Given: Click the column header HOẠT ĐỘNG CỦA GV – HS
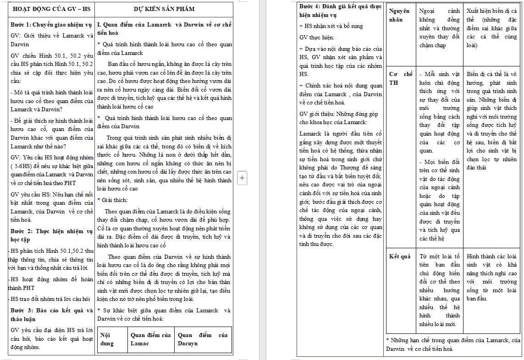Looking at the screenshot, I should coord(51,9).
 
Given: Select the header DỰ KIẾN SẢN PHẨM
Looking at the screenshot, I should coord(164,9).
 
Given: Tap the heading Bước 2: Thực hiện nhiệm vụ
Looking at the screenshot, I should coord(50,235).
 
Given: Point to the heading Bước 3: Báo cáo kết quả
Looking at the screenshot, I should coord(50,315).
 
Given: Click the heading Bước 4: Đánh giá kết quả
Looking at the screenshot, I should coord(340,10).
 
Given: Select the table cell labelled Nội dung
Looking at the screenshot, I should coord(107,339).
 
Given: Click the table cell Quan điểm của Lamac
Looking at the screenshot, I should coord(150,339).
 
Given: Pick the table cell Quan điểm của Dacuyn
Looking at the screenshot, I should coord(203,339).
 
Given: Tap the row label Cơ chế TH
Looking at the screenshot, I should coord(400,78).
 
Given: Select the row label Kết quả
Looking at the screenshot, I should coord(399,256).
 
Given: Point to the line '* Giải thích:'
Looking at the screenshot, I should coord(112,200).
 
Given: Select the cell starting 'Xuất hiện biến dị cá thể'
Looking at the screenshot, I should coord(491,28).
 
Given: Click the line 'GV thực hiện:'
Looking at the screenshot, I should coord(317,37).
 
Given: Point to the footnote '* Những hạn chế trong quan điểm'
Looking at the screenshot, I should coord(453,344).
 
